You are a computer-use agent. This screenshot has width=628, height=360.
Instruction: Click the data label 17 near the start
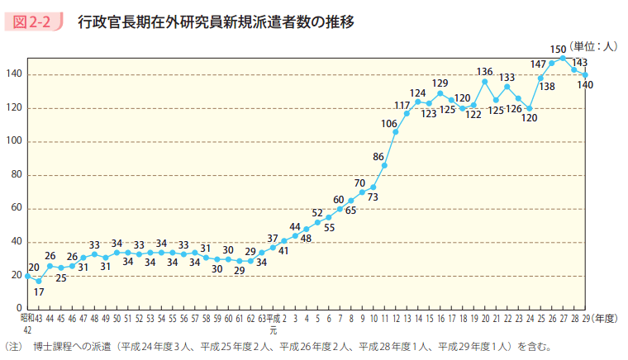(x=39, y=291)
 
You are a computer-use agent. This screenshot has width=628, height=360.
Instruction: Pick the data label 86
(x=378, y=156)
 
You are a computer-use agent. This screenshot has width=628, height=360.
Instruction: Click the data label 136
(x=485, y=72)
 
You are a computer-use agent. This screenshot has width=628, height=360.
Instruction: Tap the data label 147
(x=539, y=64)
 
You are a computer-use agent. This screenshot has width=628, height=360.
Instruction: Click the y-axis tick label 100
(x=15, y=141)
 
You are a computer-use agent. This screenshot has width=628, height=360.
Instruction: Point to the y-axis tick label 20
(x=17, y=275)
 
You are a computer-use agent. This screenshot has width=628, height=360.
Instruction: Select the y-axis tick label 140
(x=15, y=74)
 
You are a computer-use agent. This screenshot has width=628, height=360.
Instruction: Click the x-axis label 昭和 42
(x=26, y=321)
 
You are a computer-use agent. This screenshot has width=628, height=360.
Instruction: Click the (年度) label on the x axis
(x=605, y=316)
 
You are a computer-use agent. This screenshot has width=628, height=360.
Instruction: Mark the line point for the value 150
(x=563, y=58)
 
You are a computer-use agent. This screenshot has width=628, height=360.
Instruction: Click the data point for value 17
(x=39, y=281)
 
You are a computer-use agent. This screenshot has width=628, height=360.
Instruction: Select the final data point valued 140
(x=585, y=75)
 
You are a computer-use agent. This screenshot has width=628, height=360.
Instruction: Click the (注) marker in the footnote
(x=14, y=347)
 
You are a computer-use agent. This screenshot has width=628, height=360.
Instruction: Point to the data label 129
(x=440, y=83)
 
